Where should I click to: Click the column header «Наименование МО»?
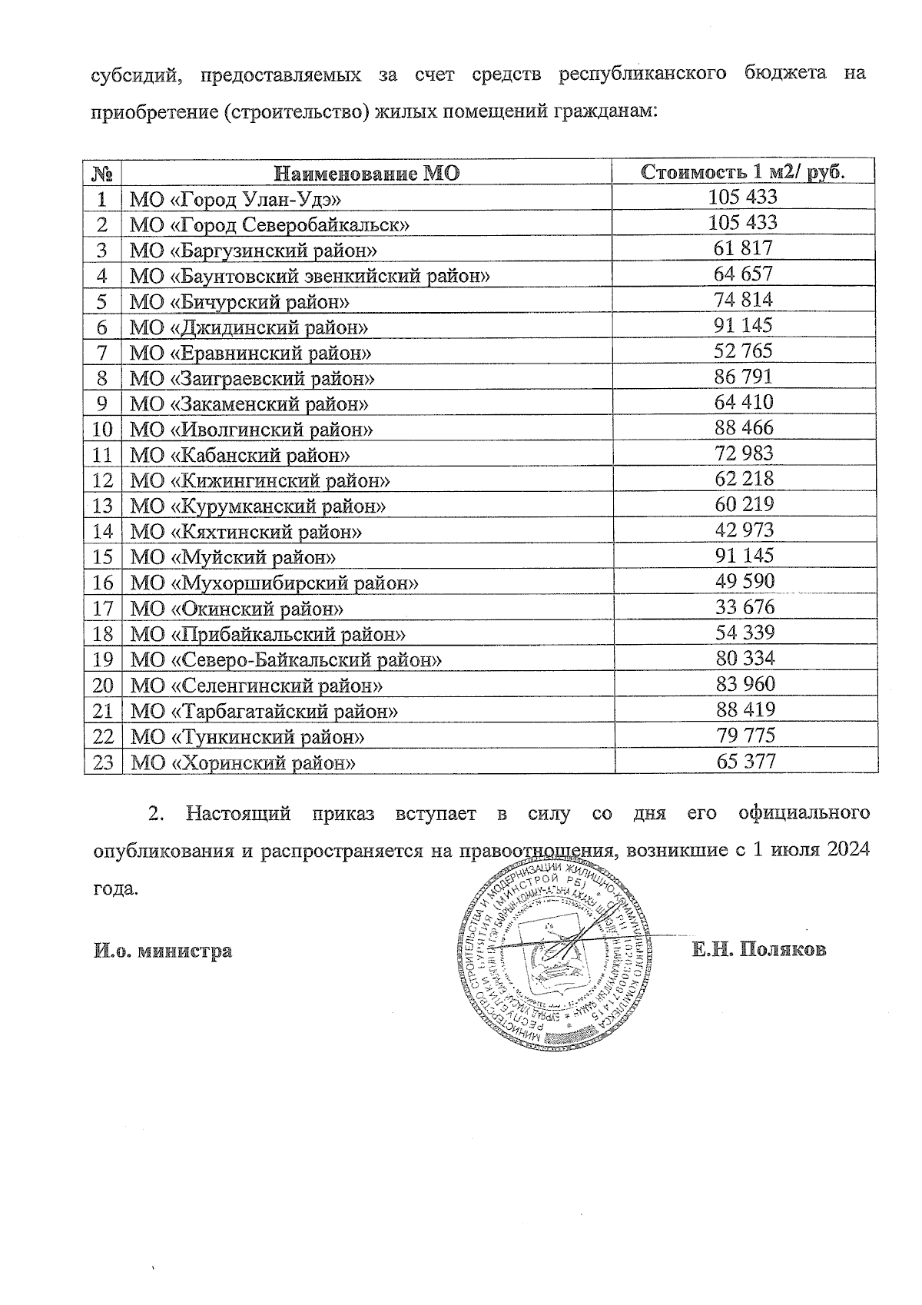pos(366,173)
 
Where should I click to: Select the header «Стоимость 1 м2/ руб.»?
pos(743,171)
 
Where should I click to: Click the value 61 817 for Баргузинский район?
pos(743,248)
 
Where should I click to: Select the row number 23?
pos(103,762)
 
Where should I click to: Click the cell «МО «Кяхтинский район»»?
pos(246,532)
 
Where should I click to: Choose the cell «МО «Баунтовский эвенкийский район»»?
pos(310,276)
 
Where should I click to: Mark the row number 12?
pos(103,480)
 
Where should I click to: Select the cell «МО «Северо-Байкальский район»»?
pos(287,659)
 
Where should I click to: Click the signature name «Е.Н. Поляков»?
pos(758,950)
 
